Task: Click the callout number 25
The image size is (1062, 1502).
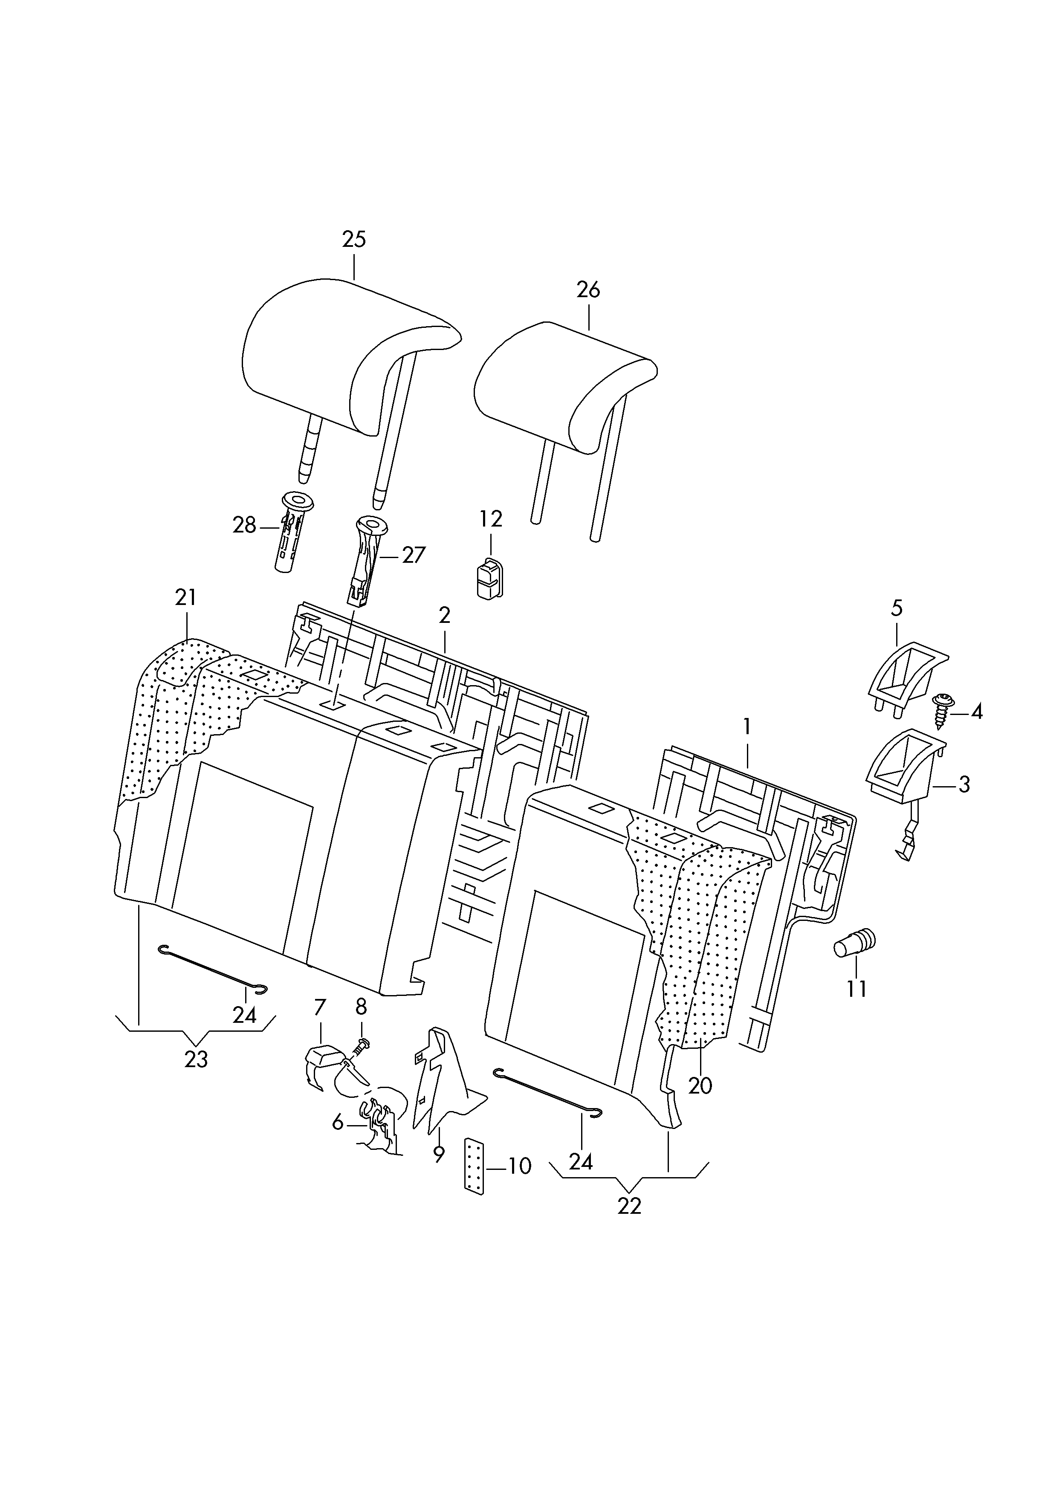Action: [x=354, y=240]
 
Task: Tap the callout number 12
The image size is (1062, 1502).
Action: [x=491, y=519]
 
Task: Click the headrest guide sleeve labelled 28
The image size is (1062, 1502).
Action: [x=292, y=530]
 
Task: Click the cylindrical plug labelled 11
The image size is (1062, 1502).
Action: [x=854, y=944]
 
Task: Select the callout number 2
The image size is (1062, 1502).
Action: [x=445, y=615]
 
